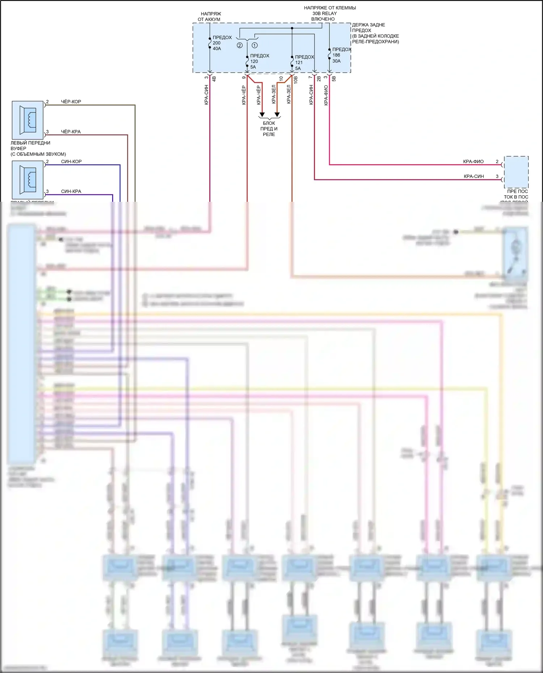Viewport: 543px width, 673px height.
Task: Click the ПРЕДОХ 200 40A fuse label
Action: click(222, 43)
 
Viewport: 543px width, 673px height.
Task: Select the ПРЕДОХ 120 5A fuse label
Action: click(259, 61)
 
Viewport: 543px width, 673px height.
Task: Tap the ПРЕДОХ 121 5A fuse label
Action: click(304, 62)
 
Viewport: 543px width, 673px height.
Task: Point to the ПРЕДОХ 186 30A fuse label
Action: click(341, 55)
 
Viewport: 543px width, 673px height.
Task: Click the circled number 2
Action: click(240, 46)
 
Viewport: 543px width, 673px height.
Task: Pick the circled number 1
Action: click(255, 46)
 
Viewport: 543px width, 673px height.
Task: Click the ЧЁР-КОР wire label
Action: click(71, 102)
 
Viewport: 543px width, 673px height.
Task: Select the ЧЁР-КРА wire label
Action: click(71, 132)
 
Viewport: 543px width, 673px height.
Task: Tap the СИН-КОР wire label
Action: click(71, 162)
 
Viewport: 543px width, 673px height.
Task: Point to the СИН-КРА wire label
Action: click(71, 191)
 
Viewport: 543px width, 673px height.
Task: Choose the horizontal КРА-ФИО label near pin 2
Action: click(473, 162)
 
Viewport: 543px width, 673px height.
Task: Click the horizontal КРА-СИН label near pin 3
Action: click(473, 176)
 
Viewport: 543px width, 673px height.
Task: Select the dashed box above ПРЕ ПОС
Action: click(516, 172)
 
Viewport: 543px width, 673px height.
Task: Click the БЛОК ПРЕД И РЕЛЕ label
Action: click(269, 129)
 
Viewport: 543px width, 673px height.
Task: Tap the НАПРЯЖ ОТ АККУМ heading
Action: click(210, 17)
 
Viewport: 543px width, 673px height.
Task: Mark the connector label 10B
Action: click(296, 80)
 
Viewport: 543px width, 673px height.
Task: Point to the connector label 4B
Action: click(214, 78)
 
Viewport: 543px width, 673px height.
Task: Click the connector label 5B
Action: click(334, 78)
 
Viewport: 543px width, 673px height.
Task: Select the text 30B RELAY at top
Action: click(324, 13)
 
